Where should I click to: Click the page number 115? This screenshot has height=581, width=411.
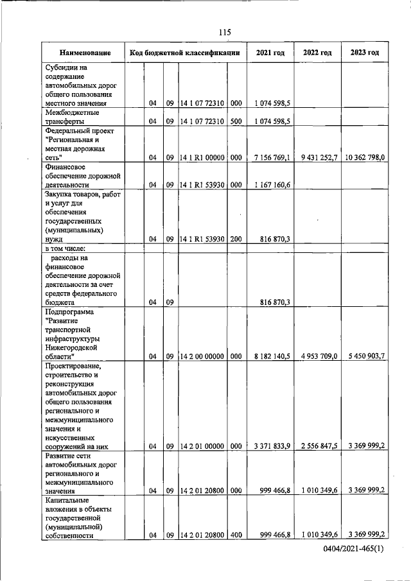tap(224, 33)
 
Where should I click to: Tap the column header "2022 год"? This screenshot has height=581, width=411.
tap(317, 53)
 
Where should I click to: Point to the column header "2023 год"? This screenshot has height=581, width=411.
tap(365, 53)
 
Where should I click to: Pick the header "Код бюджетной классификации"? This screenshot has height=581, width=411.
tap(185, 53)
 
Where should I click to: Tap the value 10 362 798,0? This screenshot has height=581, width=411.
tap(364, 157)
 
